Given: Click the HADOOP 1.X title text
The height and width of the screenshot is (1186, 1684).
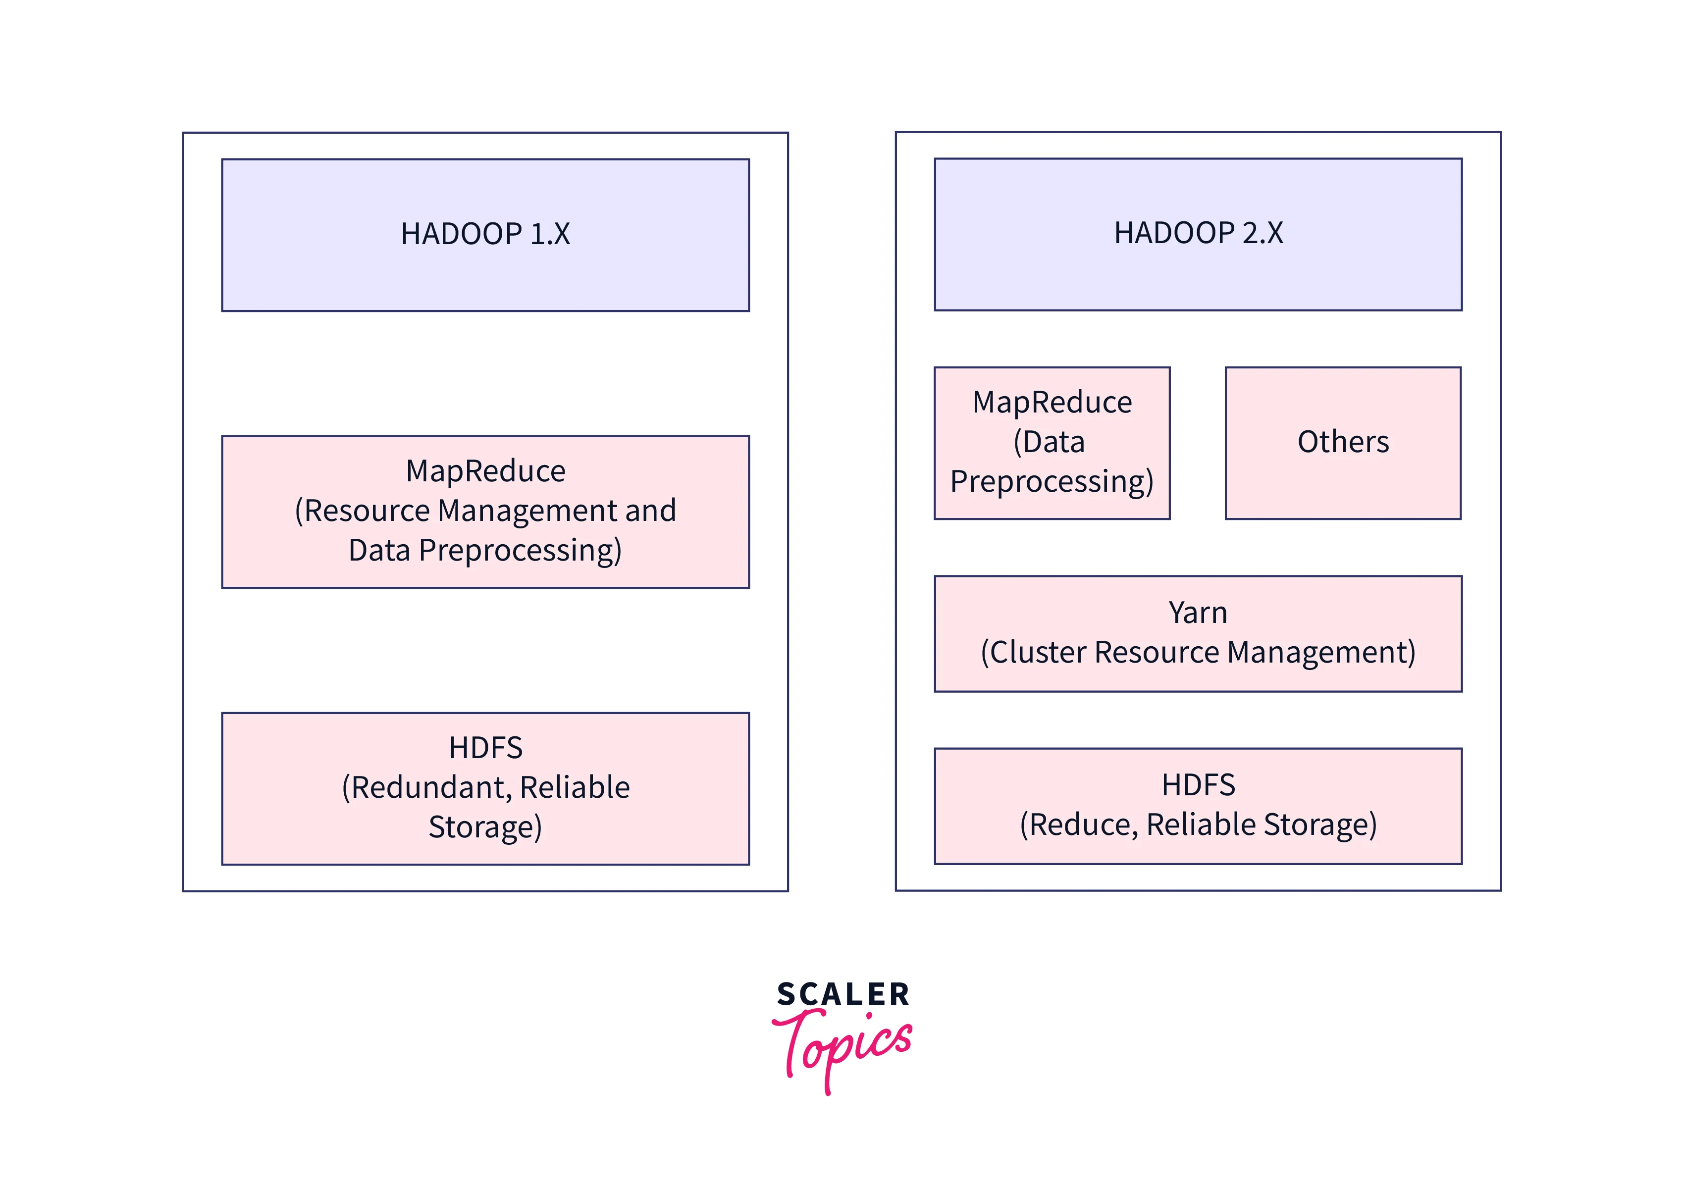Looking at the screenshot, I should [485, 234].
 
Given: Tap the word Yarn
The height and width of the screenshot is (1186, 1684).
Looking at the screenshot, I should [1197, 613].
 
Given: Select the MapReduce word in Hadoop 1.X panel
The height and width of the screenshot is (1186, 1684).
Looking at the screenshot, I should [485, 471].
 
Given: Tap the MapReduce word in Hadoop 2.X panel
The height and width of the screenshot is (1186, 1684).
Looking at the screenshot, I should [1052, 403].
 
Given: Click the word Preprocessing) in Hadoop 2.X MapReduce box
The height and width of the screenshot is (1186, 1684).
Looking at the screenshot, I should [1052, 482].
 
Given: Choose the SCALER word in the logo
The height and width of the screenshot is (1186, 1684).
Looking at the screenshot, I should [842, 994].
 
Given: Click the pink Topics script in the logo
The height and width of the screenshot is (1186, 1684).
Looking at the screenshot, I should [843, 1045].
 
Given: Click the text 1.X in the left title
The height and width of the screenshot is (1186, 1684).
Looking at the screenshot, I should [549, 234].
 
